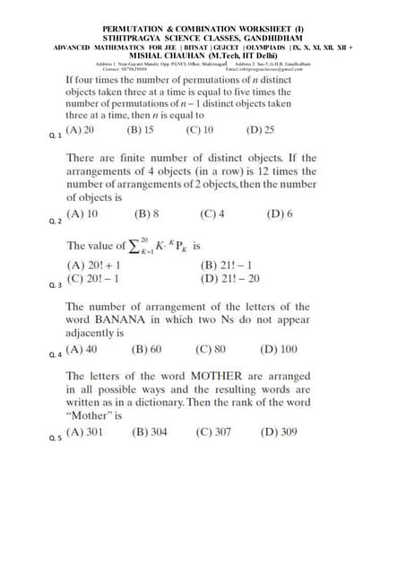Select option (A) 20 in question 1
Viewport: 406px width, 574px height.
tap(80, 129)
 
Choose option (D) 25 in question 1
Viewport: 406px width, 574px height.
tap(261, 129)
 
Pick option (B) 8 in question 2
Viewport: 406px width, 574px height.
tap(146, 214)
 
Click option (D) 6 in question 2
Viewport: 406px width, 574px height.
tap(279, 214)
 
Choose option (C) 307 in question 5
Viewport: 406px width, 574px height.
tap(213, 431)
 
